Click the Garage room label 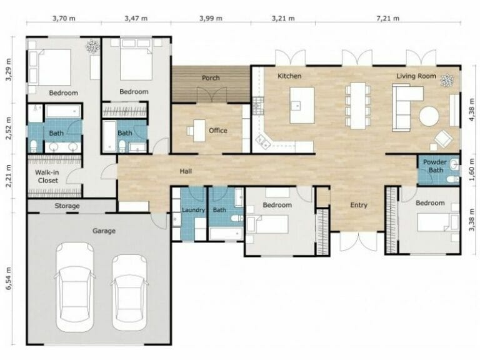point(104,231)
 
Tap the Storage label point(67,206)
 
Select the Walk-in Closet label point(46,176)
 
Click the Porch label point(211,78)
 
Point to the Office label point(218,131)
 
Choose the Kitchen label point(289,76)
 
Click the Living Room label point(416,76)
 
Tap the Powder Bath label point(435,166)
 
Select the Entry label point(359,205)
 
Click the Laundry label point(193,210)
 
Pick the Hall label point(186,171)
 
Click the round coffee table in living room point(429,117)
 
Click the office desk point(199,130)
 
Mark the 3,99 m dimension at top point(211,18)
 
